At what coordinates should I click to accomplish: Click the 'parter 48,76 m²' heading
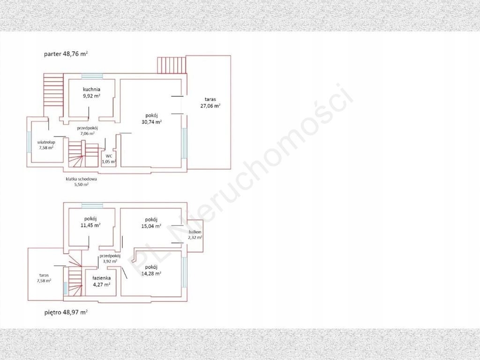pyautogui.click(x=66, y=54)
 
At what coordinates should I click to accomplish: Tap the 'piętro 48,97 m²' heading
pyautogui.click(x=66, y=313)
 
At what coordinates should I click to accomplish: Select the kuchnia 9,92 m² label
pyautogui.click(x=91, y=92)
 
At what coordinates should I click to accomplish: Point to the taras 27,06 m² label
pyautogui.click(x=210, y=103)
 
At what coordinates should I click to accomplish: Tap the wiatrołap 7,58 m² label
pyautogui.click(x=46, y=145)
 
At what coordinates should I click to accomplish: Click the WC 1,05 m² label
pyautogui.click(x=109, y=158)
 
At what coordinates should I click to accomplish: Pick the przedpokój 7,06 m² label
pyautogui.click(x=87, y=131)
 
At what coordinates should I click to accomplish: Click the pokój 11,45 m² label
pyautogui.click(x=90, y=222)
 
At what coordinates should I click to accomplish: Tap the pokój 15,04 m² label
pyautogui.click(x=151, y=223)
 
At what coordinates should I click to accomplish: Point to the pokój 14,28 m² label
pyautogui.click(x=151, y=270)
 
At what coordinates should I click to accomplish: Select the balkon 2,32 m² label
pyautogui.click(x=195, y=234)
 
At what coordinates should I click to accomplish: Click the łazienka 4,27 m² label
pyautogui.click(x=102, y=281)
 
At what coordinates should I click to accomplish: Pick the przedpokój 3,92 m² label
pyautogui.click(x=110, y=259)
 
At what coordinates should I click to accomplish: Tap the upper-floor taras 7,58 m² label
pyautogui.click(x=44, y=277)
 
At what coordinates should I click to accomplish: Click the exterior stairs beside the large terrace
pyautogui.click(x=172, y=65)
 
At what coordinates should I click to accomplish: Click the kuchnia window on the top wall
pyautogui.click(x=92, y=76)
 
